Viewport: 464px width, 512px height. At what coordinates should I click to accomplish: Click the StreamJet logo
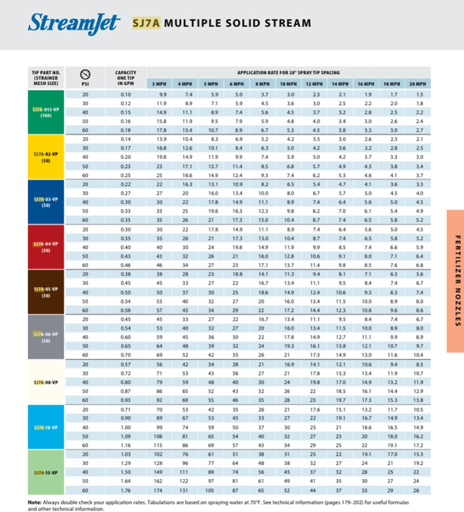click(74, 24)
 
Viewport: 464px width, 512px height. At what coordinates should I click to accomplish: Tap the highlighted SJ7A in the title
click(146, 23)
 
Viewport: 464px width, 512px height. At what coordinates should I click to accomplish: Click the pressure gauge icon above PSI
click(85, 74)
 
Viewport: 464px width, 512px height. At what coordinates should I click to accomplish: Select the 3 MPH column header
click(159, 84)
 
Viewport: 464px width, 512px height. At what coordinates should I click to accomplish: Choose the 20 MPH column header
click(418, 84)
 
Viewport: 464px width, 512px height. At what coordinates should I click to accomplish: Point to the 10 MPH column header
click(289, 84)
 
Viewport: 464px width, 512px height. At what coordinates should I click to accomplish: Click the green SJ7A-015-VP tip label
click(46, 112)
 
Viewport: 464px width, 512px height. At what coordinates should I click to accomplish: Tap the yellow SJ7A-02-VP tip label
click(46, 157)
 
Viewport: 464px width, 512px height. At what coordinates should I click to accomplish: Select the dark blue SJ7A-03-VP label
click(46, 202)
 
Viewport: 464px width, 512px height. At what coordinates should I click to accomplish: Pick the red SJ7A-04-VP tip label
click(46, 247)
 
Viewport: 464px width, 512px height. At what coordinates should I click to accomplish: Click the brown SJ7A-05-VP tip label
click(46, 292)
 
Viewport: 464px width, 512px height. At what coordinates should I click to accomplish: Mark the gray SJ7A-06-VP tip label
click(46, 337)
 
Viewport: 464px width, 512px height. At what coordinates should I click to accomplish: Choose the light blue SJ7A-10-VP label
click(46, 427)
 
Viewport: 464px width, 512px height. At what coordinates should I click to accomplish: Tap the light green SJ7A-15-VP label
click(46, 473)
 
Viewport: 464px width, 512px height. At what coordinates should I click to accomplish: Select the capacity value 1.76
click(126, 491)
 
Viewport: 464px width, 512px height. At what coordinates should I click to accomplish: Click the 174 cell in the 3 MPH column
click(159, 491)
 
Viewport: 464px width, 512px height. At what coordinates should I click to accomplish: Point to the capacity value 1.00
click(126, 427)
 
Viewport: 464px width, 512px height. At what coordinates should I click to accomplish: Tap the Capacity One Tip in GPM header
click(126, 78)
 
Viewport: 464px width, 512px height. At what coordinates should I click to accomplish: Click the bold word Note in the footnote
click(34, 503)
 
